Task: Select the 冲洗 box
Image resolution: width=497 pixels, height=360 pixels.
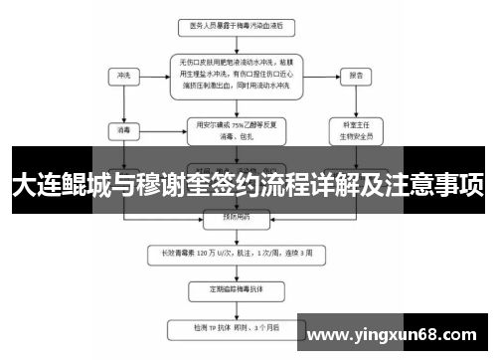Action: tap(123, 75)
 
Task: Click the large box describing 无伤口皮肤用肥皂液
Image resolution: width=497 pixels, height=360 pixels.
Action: tap(236, 75)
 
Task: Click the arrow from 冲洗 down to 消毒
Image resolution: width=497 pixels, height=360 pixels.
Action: tap(123, 101)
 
